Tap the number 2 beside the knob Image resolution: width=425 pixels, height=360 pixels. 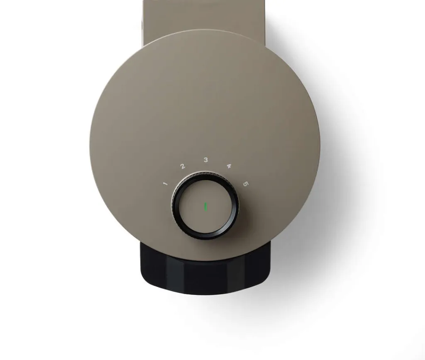click(183, 166)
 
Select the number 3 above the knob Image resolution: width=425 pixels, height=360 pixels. click(206, 160)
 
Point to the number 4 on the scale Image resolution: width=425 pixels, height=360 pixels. click(229, 166)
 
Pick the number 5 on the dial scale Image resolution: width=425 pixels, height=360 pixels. click(246, 184)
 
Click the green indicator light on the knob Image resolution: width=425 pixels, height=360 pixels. click(205, 207)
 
